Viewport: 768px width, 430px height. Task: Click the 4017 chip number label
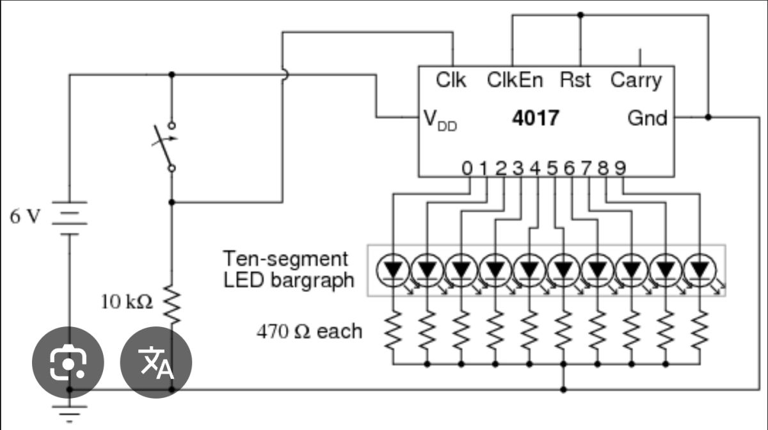tap(536, 118)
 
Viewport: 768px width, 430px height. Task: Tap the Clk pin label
tap(451, 80)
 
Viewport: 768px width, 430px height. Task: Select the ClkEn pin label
tap(515, 80)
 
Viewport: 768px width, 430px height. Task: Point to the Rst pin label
tap(575, 80)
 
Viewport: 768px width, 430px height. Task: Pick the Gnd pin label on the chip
tap(647, 118)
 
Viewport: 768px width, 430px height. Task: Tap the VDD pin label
tap(440, 121)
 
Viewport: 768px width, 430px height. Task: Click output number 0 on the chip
tap(467, 168)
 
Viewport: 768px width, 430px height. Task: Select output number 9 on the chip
tap(621, 168)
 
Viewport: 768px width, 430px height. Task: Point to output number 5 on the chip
tap(552, 168)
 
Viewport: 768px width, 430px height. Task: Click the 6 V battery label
tap(25, 217)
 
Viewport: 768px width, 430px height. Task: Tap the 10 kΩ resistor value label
tap(127, 303)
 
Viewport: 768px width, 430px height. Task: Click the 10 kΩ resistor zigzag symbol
tap(172, 305)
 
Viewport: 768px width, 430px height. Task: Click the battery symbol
tap(70, 218)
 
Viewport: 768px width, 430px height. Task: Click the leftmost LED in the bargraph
tap(393, 271)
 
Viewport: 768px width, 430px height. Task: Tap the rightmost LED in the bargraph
tap(700, 271)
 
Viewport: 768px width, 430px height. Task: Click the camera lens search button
tap(68, 362)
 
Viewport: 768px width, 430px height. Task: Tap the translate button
tap(156, 362)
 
